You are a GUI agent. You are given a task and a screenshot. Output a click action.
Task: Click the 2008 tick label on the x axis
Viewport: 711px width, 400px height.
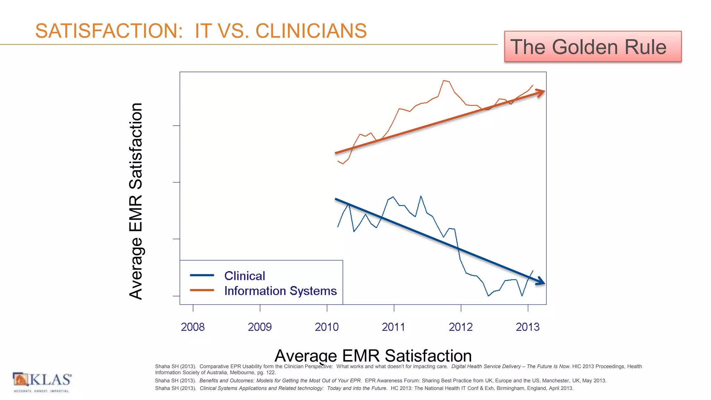coord(193,327)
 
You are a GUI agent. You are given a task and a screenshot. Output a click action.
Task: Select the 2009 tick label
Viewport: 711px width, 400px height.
coord(260,327)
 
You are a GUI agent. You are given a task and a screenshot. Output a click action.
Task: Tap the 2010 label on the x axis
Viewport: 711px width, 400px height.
coord(327,327)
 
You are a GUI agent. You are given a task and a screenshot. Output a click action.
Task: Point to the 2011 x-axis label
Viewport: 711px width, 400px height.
coord(393,327)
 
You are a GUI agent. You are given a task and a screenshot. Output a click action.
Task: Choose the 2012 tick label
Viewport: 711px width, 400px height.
coord(461,327)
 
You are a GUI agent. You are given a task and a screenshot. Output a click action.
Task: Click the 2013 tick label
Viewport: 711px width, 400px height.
coord(528,327)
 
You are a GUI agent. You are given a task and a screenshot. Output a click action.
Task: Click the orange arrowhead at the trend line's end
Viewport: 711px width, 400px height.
coord(541,92)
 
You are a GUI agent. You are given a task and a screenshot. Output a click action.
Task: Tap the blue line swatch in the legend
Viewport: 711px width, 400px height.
coord(202,275)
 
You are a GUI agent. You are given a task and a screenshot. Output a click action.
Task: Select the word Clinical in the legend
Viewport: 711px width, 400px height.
coord(245,276)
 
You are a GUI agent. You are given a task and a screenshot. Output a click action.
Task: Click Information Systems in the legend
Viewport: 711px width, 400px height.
coord(281,291)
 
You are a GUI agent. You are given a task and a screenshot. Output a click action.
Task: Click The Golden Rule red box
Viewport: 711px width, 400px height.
coord(593,47)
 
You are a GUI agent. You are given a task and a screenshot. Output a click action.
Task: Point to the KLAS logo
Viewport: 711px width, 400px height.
coord(42,382)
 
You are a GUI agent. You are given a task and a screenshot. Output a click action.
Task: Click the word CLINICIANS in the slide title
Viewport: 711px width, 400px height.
coord(311,31)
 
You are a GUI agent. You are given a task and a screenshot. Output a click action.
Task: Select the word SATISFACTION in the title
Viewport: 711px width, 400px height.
coord(109,31)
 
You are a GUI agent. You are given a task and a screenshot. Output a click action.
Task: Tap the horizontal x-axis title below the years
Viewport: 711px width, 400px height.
coord(373,356)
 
